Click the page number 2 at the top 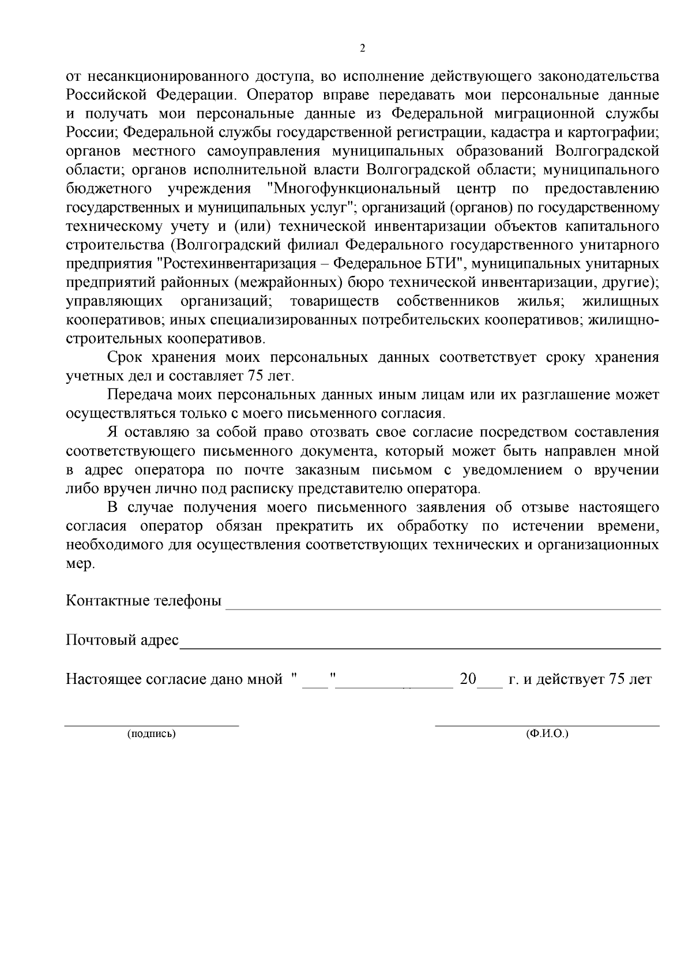(362, 48)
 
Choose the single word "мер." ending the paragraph (80, 564)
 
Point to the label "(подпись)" (152, 734)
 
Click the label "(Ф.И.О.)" (547, 734)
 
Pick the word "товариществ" (334, 301)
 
